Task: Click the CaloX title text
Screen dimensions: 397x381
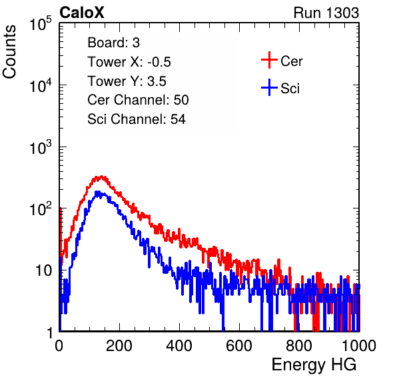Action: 81,13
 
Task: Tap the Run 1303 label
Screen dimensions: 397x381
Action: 326,13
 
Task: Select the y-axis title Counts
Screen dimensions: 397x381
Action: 9,52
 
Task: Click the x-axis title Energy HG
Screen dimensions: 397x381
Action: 314,365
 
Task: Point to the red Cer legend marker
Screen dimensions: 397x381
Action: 269,60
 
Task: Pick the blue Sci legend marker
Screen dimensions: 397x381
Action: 269,88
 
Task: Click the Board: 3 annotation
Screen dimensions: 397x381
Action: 113,43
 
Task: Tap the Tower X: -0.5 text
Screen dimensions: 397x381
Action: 129,62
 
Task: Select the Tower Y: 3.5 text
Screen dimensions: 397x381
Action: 127,81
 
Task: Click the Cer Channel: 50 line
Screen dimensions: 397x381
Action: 138,100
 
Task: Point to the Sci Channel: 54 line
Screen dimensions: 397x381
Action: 137,119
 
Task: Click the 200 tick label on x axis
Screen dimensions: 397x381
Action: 119,346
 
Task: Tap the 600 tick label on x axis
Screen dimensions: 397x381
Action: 239,346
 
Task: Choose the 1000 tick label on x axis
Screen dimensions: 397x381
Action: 359,346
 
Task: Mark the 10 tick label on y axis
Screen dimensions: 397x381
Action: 43,270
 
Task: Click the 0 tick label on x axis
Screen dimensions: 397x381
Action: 59,346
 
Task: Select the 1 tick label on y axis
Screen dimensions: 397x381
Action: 49,332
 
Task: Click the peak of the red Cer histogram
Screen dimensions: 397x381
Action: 101,177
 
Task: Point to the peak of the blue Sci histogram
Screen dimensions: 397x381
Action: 97,192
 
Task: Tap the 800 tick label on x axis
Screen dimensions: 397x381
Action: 299,346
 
